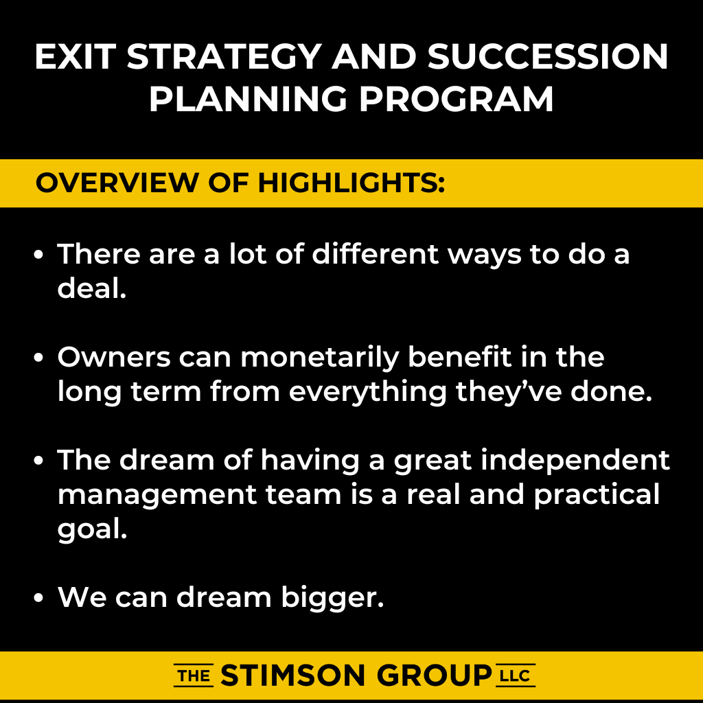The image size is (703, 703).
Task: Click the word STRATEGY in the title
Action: (224, 56)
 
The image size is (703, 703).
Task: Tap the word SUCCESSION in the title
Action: (548, 56)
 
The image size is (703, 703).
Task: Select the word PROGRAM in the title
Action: (457, 99)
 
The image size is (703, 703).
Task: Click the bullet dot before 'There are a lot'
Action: (38, 255)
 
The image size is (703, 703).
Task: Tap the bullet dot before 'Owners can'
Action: (38, 358)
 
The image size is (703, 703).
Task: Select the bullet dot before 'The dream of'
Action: (38, 461)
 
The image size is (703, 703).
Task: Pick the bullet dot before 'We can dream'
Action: (38, 598)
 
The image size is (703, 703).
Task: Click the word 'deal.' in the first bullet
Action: (92, 288)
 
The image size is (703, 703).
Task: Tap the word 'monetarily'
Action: (320, 358)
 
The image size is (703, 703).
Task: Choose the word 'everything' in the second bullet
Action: (368, 392)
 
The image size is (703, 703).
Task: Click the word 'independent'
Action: (575, 461)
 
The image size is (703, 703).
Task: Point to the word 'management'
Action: (157, 495)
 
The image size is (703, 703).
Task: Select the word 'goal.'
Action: (93, 529)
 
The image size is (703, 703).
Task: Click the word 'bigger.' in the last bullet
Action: (333, 598)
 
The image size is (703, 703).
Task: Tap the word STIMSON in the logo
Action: (293, 676)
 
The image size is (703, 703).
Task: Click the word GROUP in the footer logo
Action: (434, 676)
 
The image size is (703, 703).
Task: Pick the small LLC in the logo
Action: (516, 676)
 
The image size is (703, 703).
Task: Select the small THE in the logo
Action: (194, 676)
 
